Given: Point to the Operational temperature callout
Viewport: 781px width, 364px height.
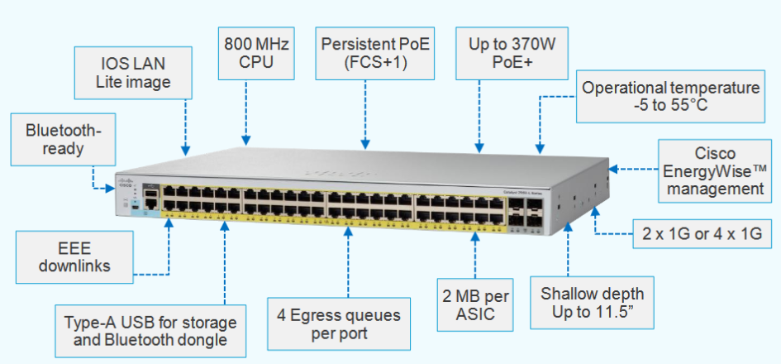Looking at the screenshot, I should (x=669, y=97).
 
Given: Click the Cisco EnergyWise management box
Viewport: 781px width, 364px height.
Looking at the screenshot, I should (x=715, y=170).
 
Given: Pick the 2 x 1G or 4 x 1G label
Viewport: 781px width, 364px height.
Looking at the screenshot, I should (x=703, y=234).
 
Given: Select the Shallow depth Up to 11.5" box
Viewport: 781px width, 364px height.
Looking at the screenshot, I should (x=592, y=304).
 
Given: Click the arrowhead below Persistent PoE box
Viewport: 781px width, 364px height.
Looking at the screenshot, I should (x=364, y=147).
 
